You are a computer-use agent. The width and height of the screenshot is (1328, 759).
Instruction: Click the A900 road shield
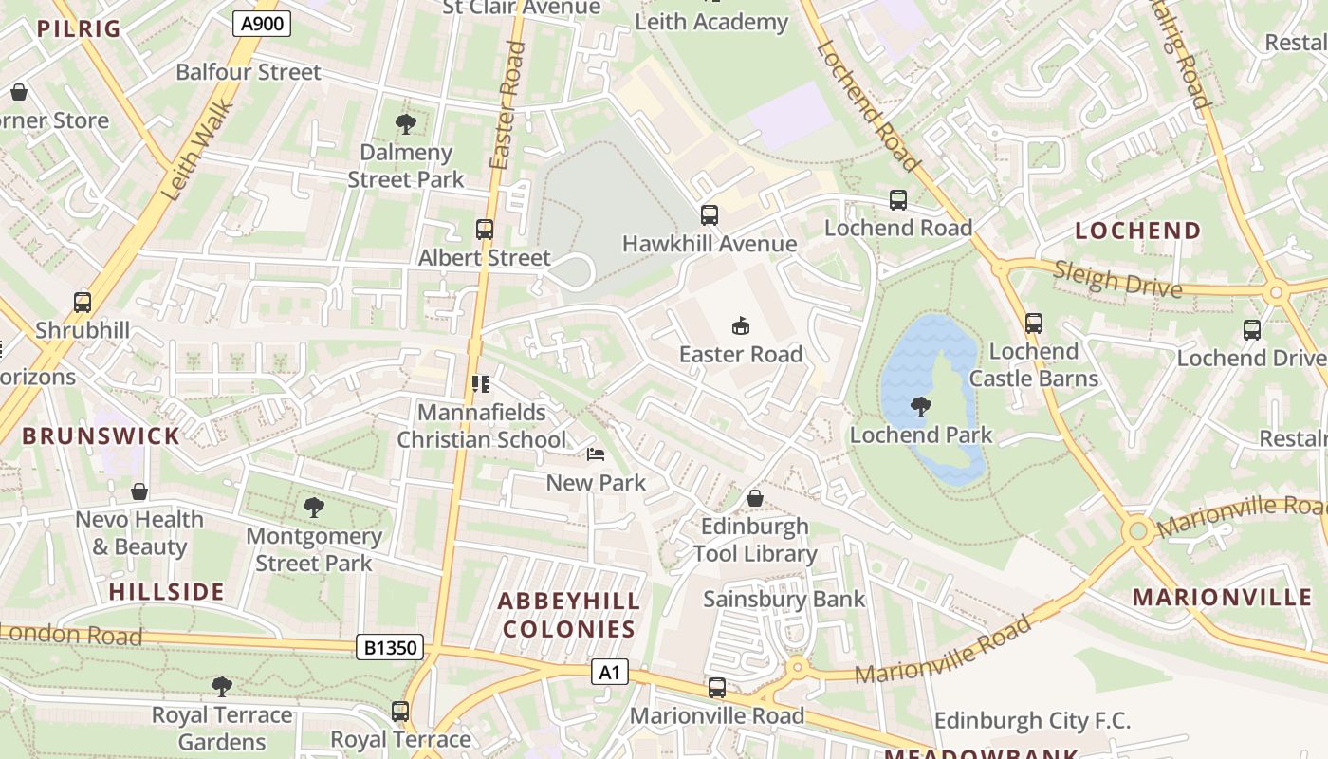tap(261, 23)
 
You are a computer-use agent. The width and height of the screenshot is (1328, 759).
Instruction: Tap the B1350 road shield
tap(390, 648)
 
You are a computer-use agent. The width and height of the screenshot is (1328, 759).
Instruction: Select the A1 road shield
tap(609, 673)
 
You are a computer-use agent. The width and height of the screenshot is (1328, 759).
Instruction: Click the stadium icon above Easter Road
tap(741, 326)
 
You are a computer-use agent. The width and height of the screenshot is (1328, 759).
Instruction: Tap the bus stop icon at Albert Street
tap(485, 230)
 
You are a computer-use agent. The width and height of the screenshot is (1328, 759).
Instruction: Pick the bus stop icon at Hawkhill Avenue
tap(710, 215)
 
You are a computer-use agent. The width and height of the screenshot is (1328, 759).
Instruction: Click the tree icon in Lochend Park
tap(919, 407)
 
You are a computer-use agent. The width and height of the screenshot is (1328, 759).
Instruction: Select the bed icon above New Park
tap(596, 454)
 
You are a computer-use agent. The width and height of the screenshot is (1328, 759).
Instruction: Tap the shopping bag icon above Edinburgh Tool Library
tap(755, 498)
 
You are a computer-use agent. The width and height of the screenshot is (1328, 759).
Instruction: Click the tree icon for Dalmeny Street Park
tap(406, 124)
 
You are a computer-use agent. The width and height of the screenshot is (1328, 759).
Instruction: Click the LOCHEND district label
tap(1137, 231)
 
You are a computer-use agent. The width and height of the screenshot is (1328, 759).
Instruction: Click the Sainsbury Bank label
tap(784, 599)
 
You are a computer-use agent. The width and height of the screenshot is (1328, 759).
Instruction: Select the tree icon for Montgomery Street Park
tap(314, 508)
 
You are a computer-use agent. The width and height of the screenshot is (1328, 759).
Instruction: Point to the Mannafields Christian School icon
tap(481, 384)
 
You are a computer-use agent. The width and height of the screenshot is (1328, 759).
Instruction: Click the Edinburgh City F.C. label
tap(1032, 720)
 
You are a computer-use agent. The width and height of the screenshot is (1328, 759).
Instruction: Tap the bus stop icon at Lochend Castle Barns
tap(1034, 324)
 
